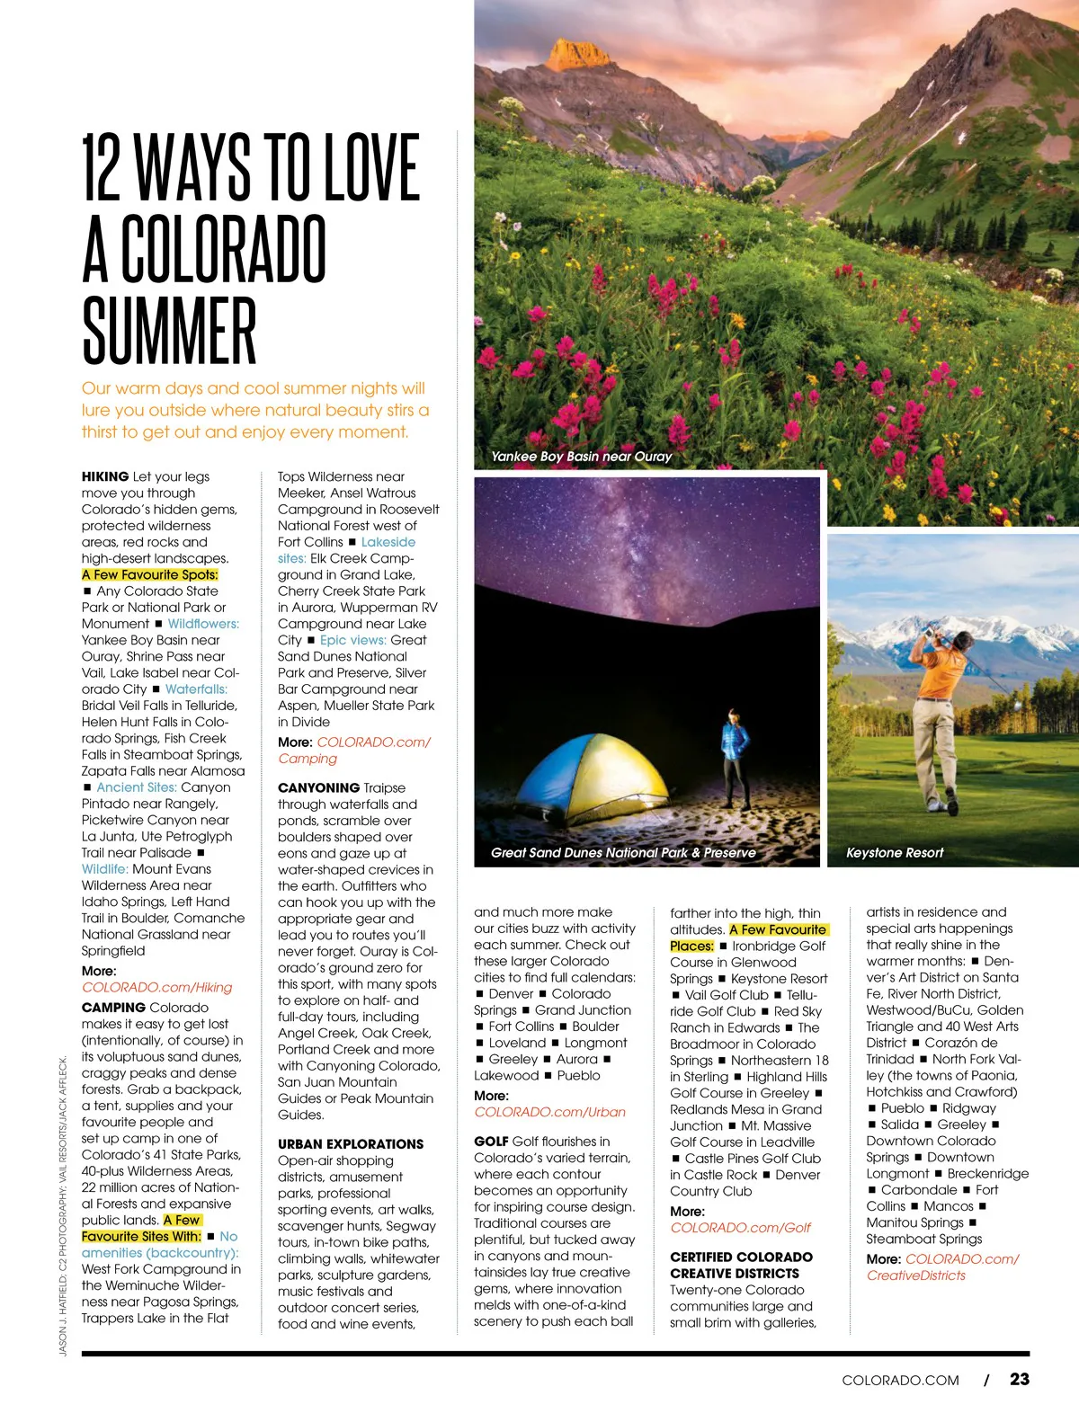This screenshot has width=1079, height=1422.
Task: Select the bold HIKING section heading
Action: pyautogui.click(x=105, y=476)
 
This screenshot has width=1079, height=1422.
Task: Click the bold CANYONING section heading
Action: pyautogui.click(x=318, y=787)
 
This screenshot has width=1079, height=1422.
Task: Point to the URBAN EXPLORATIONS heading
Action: pyautogui.click(x=350, y=1143)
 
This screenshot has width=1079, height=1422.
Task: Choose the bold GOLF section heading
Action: pyautogui.click(x=491, y=1141)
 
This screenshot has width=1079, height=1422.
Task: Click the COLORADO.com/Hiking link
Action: pyautogui.click(x=156, y=987)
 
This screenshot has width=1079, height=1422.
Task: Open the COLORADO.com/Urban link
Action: pyautogui.click(x=549, y=1112)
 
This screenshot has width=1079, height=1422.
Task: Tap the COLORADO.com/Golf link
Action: pyautogui.click(x=740, y=1227)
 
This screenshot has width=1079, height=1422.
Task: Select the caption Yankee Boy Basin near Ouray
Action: pyautogui.click(x=581, y=457)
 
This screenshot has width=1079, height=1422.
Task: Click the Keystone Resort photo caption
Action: pyautogui.click(x=895, y=853)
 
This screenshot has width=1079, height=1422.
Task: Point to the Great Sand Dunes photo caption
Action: pyautogui.click(x=623, y=853)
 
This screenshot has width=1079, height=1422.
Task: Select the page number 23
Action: pyautogui.click(x=1019, y=1379)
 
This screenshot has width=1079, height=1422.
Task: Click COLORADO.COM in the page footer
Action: pyautogui.click(x=900, y=1380)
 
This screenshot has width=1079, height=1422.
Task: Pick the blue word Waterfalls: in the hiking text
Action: pyautogui.click(x=196, y=689)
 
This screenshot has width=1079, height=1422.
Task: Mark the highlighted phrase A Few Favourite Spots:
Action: pyautogui.click(x=149, y=574)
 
